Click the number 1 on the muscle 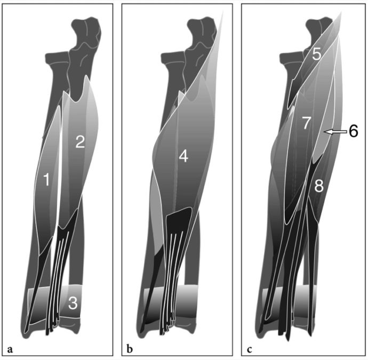coord(47,179)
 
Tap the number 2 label coord(80,142)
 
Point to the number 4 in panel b coord(183,156)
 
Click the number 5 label coord(316,54)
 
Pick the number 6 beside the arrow coord(354,131)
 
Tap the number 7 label coord(306,123)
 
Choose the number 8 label coord(319,186)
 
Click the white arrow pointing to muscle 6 coord(335,132)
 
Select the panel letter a coord(10,349)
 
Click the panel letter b coord(129,349)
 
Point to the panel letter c coord(249,350)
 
